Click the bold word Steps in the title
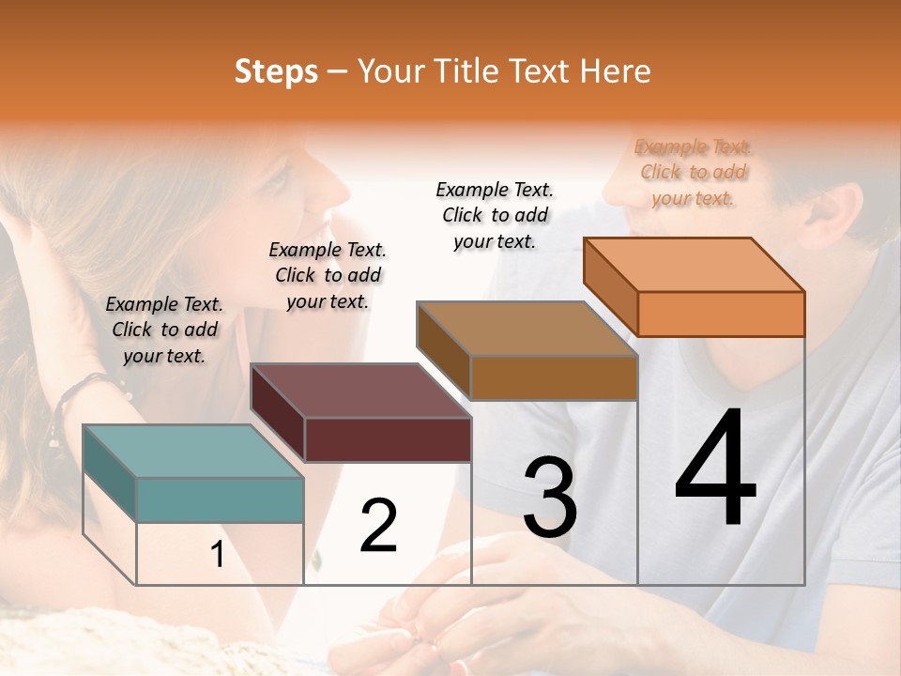coord(276,71)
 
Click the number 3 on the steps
coord(550,498)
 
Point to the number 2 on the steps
coord(378,526)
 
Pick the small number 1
coord(218,555)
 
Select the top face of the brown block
coord(527,329)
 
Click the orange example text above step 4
coord(693,173)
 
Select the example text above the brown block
coord(495,215)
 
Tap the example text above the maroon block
coord(328,275)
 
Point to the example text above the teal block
coord(164,330)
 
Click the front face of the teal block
coord(221,499)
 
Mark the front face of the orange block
coord(721,314)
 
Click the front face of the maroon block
coord(388,439)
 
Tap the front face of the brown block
coord(554,377)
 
